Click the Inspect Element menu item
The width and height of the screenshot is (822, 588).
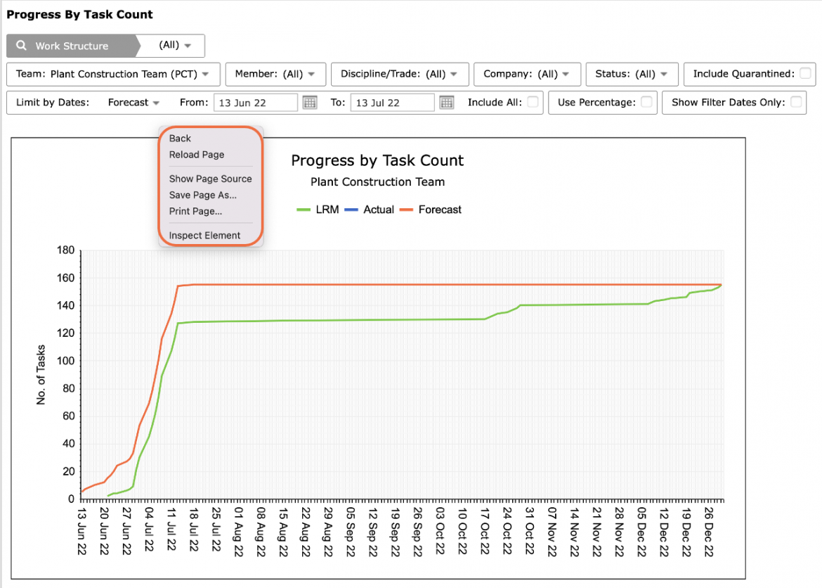click(204, 235)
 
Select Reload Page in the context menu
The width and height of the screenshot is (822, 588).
click(197, 154)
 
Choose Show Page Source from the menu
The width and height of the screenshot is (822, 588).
click(210, 179)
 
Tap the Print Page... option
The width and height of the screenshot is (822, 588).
click(195, 211)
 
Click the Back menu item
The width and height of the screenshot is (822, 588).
click(180, 138)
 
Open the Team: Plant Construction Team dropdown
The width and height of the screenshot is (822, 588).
click(113, 74)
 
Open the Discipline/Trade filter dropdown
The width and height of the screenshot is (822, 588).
click(400, 74)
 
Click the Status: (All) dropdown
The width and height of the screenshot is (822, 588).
click(632, 74)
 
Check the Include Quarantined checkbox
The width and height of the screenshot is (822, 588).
click(805, 73)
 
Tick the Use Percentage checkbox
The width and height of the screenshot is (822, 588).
click(646, 102)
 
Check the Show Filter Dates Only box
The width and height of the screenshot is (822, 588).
click(796, 102)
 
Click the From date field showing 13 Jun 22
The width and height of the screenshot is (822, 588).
click(255, 103)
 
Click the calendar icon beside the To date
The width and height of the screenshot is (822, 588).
click(447, 103)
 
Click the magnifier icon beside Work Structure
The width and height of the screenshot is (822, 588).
click(21, 46)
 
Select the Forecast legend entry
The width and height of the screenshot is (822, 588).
click(431, 210)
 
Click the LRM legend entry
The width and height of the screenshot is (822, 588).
click(318, 210)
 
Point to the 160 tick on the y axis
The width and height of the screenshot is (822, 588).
click(66, 278)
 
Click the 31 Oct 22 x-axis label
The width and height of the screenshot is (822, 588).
click(530, 531)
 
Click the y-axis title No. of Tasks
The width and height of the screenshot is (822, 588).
click(41, 375)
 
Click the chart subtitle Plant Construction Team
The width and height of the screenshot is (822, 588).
click(377, 181)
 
